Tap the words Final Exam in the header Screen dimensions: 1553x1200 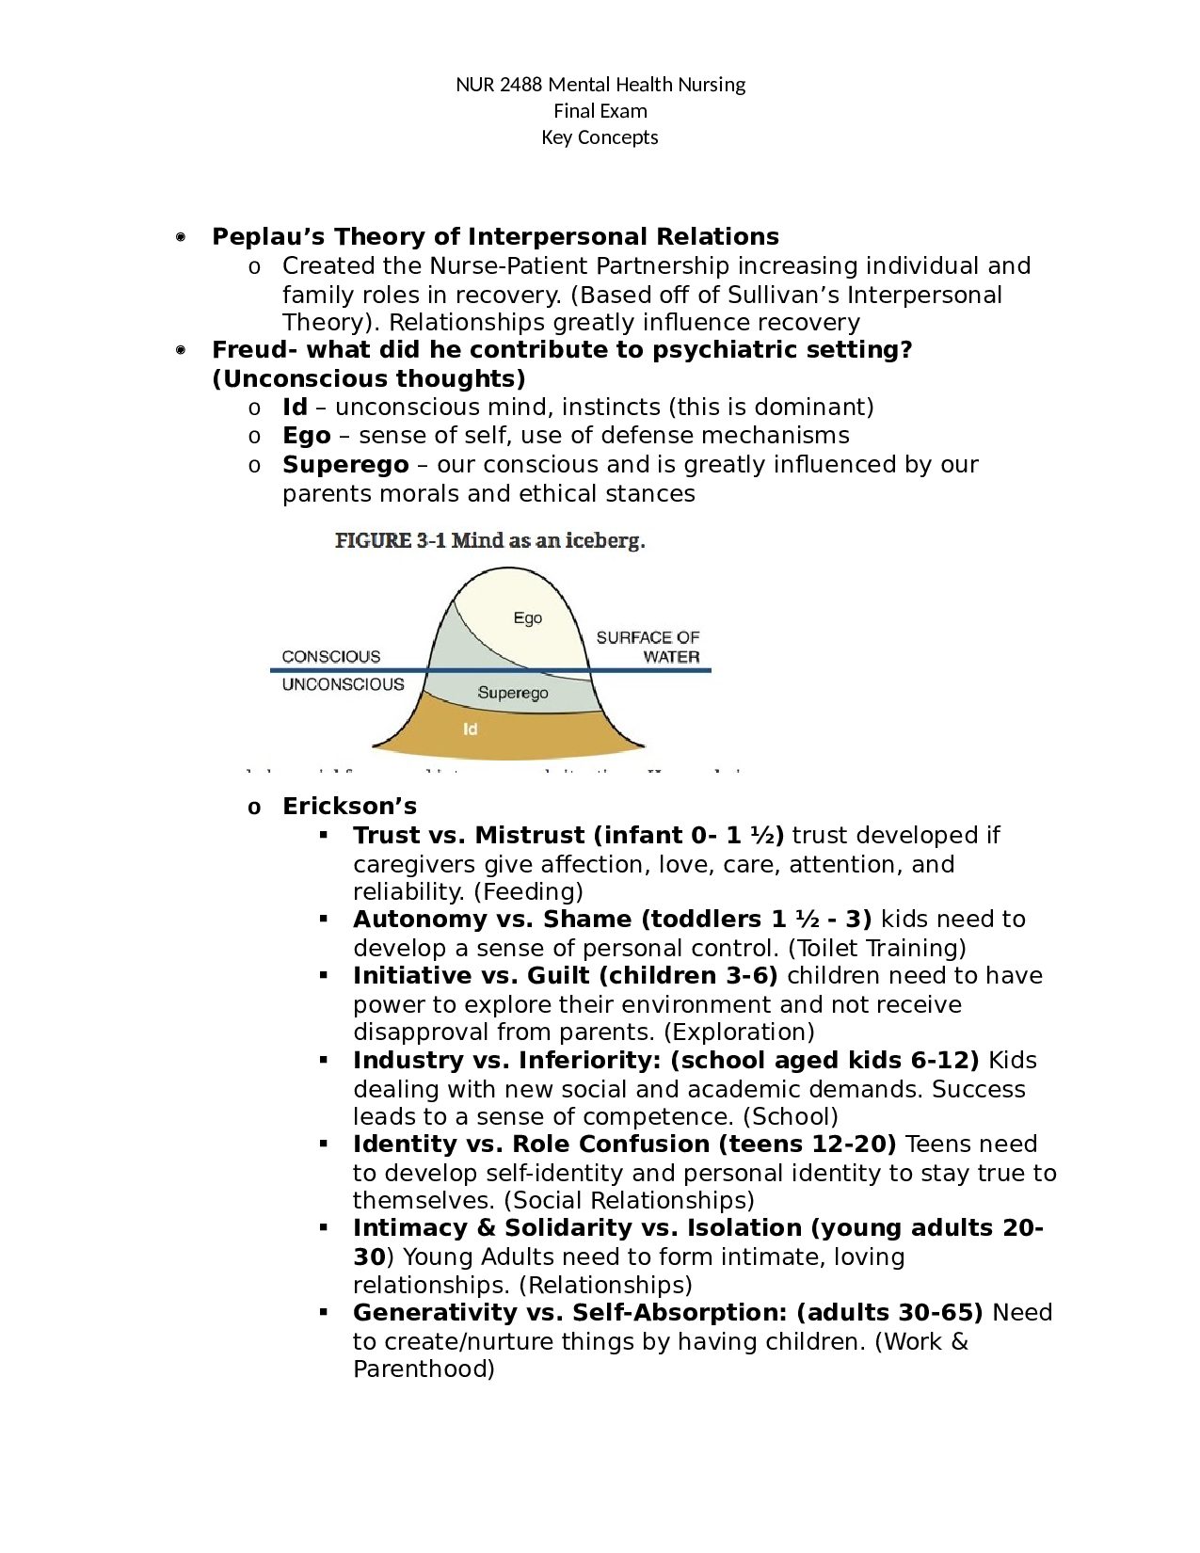[x=600, y=111]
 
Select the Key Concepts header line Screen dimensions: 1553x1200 [x=600, y=137]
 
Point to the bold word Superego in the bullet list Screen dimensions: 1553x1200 [x=345, y=465]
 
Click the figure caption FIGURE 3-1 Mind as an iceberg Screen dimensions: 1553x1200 [x=489, y=540]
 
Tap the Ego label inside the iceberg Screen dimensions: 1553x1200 [x=527, y=618]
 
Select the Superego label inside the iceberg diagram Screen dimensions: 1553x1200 [x=512, y=693]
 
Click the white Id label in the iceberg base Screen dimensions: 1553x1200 [x=470, y=728]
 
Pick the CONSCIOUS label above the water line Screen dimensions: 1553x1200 [x=331, y=656]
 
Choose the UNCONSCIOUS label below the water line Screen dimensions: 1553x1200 [x=343, y=684]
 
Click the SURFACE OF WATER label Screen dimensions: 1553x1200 [x=648, y=647]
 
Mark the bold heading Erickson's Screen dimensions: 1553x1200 [x=349, y=807]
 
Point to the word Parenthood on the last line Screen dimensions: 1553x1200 [x=424, y=1369]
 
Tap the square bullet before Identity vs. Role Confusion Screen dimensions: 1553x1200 [x=324, y=1144]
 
